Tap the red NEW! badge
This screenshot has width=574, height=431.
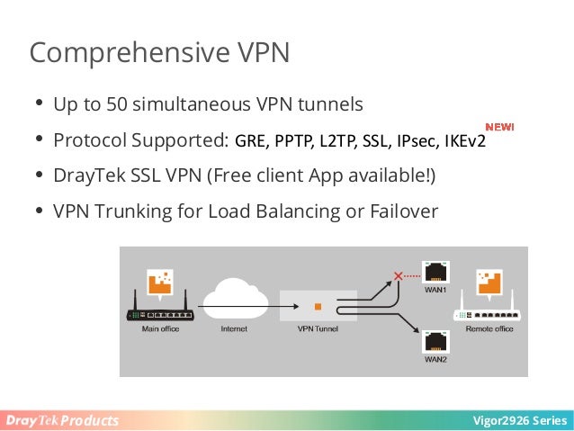pos(499,127)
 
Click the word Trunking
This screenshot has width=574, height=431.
pos(134,211)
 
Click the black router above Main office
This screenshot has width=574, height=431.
pos(161,312)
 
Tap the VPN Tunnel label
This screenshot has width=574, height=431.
pos(317,330)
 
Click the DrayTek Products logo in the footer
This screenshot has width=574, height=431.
pos(61,421)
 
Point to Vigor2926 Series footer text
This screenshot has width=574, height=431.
pos(525,421)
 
